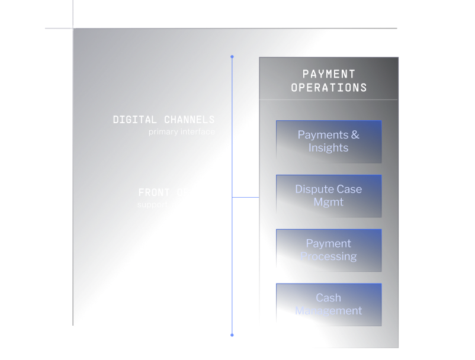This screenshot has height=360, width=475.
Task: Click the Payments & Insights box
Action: tap(329, 142)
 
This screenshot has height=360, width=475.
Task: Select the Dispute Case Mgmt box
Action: tap(329, 196)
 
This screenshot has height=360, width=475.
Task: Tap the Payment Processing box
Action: tap(329, 250)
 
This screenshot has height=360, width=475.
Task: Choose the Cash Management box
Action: tap(329, 304)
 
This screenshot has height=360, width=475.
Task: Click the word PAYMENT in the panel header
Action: tap(329, 74)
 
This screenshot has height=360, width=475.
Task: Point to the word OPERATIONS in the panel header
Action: tap(329, 88)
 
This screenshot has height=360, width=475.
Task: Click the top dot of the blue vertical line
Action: tap(232, 57)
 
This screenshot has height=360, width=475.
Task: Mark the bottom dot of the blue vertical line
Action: tap(232, 335)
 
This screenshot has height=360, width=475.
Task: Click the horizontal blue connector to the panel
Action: tap(246, 197)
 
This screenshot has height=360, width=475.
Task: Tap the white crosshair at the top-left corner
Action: tap(73, 28)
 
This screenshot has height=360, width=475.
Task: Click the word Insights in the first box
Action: tap(328, 148)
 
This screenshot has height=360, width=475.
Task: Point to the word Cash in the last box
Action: tap(328, 298)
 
